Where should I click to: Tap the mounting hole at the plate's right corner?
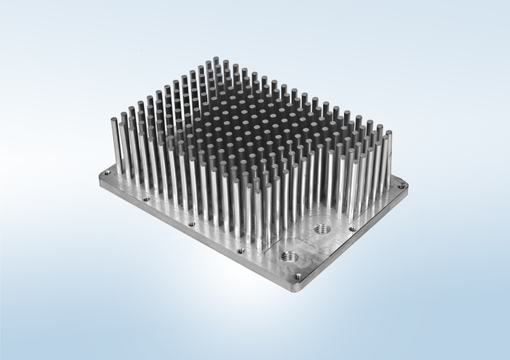click(401, 186)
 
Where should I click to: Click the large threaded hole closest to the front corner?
click(288, 256)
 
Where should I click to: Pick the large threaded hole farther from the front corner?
click(323, 229)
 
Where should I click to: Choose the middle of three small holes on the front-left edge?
click(191, 225)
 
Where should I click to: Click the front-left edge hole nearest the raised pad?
click(240, 250)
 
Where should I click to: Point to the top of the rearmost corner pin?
click(215, 60)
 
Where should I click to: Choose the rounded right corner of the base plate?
click(406, 187)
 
